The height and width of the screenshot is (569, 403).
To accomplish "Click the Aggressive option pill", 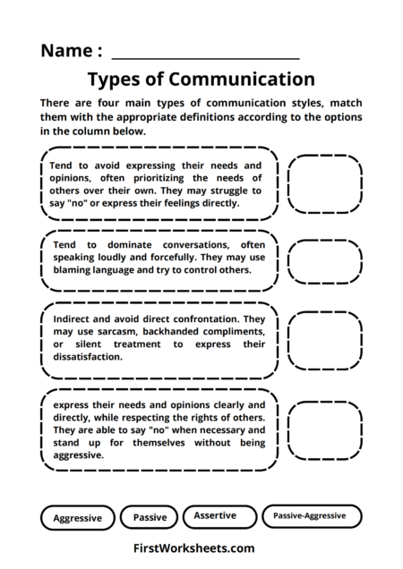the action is point(78,518).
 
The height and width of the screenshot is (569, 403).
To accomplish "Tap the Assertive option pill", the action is point(215,516).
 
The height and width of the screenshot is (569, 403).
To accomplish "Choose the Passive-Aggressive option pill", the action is point(312,516).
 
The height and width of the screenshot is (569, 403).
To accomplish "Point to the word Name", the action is point(66,49).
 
